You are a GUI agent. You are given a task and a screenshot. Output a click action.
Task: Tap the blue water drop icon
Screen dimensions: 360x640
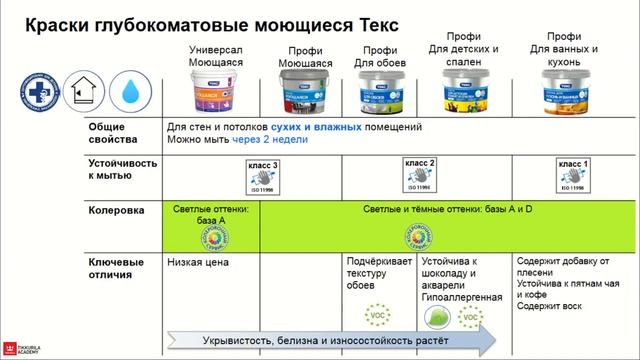coord(128,90)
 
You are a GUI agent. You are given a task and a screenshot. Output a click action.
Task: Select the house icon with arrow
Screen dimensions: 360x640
coord(81,90)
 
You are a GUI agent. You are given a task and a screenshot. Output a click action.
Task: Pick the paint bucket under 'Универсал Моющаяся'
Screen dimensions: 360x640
coord(218,88)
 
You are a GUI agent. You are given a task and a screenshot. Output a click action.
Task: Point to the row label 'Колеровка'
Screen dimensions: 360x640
coord(110,211)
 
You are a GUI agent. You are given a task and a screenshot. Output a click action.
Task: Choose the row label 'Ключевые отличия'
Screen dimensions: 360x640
coord(109,268)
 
